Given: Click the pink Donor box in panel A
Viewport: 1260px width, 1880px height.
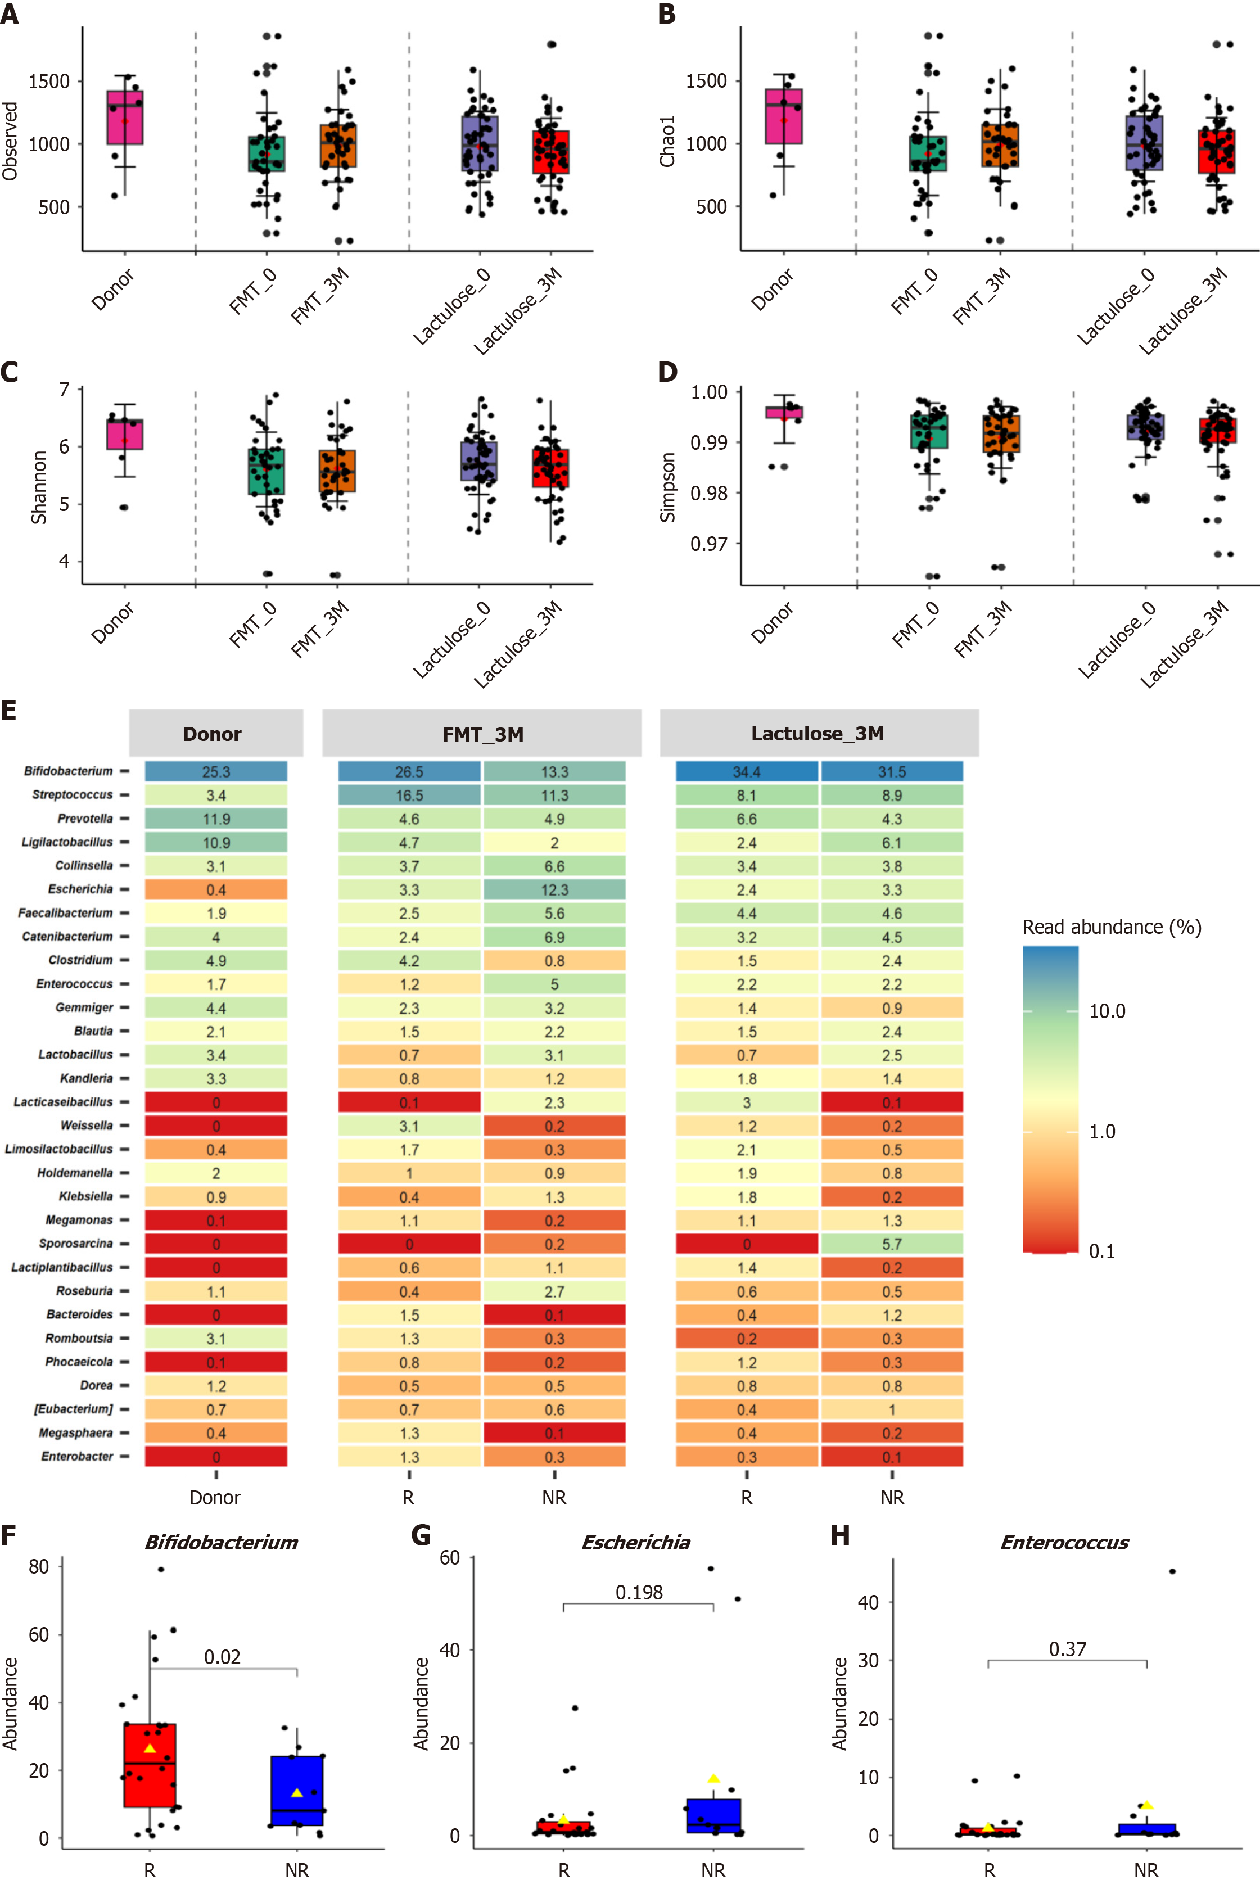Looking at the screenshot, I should pyautogui.click(x=125, y=117).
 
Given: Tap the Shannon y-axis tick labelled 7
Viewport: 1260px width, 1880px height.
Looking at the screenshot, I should pyautogui.click(x=64, y=390).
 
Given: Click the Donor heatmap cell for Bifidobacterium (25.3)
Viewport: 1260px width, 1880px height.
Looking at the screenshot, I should pyautogui.click(x=215, y=771).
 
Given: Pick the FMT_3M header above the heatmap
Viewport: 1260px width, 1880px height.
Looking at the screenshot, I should pyautogui.click(x=482, y=734).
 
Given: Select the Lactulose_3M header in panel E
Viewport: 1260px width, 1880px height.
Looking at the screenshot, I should pyautogui.click(x=818, y=734).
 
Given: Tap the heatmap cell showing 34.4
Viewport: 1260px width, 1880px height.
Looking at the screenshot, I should pyautogui.click(x=747, y=771).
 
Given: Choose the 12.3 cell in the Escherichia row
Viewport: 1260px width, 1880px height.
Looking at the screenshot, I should pyautogui.click(x=554, y=889).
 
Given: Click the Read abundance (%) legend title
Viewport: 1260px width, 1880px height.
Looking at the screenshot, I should pyautogui.click(x=1112, y=927).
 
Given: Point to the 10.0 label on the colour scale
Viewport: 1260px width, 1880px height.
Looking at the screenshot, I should pyautogui.click(x=1107, y=1011).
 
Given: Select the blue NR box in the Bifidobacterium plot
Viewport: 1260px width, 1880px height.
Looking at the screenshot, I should pyautogui.click(x=297, y=1791).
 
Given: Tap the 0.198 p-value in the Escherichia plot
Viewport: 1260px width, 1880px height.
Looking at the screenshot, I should pyautogui.click(x=639, y=1592).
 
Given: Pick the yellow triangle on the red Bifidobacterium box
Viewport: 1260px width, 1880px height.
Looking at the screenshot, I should pyautogui.click(x=150, y=1748).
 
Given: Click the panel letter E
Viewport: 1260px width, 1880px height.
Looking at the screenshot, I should pyautogui.click(x=9, y=710).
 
